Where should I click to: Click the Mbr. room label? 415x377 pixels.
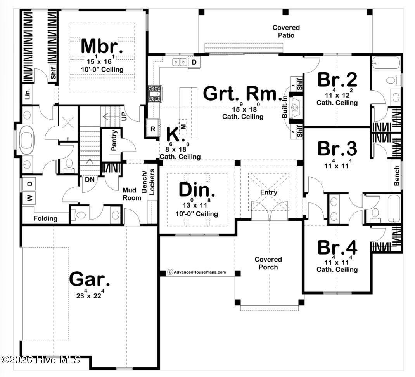[102, 46]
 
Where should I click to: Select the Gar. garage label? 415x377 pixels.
[90, 279]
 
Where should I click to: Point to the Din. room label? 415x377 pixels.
[197, 190]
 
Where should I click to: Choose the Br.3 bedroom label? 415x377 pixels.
[337, 149]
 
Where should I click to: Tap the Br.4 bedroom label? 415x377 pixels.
[337, 247]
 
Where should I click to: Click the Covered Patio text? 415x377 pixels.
[286, 31]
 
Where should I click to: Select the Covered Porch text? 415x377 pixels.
[268, 263]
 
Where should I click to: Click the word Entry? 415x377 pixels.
[269, 192]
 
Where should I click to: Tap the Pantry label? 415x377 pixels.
[114, 140]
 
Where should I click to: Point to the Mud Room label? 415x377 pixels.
[132, 194]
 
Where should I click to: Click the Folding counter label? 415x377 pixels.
[45, 218]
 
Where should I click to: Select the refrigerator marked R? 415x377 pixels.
[153, 128]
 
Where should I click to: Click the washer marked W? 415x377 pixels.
[29, 198]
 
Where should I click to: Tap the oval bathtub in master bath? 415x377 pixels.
[28, 143]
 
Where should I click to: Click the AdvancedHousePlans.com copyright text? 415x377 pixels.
[197, 272]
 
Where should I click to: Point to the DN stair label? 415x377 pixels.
[89, 180]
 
